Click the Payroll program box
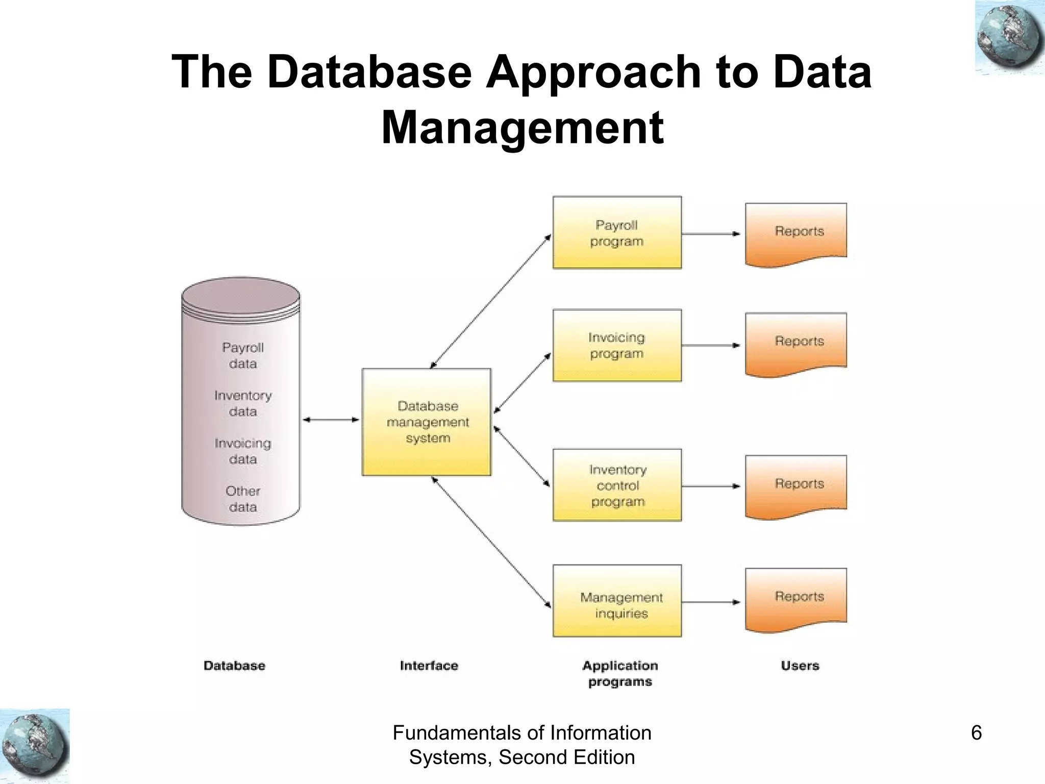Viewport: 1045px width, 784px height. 617,233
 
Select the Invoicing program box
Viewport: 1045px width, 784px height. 617,345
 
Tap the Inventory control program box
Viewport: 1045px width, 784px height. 617,485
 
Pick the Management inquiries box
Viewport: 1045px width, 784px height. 617,601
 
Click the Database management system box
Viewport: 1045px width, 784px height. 427,422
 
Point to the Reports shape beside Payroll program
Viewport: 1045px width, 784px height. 795,234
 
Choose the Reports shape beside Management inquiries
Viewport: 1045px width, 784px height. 795,599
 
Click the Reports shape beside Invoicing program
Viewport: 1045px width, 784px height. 795,344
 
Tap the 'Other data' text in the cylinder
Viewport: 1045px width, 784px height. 243,499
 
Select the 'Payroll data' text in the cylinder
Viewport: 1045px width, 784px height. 243,355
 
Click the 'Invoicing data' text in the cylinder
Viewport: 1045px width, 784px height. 243,451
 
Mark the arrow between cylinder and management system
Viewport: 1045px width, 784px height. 331,420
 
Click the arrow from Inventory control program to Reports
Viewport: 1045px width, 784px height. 711,486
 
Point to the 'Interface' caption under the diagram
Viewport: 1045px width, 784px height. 429,666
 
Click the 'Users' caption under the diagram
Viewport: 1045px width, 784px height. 800,666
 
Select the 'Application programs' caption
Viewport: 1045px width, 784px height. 620,673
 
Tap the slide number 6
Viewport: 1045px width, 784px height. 976,733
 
